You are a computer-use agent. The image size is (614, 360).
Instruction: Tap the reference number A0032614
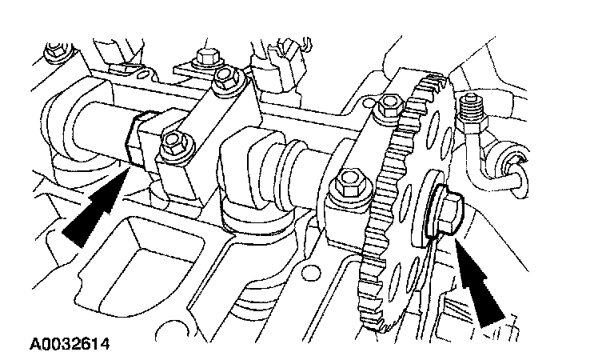tap(70, 346)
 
